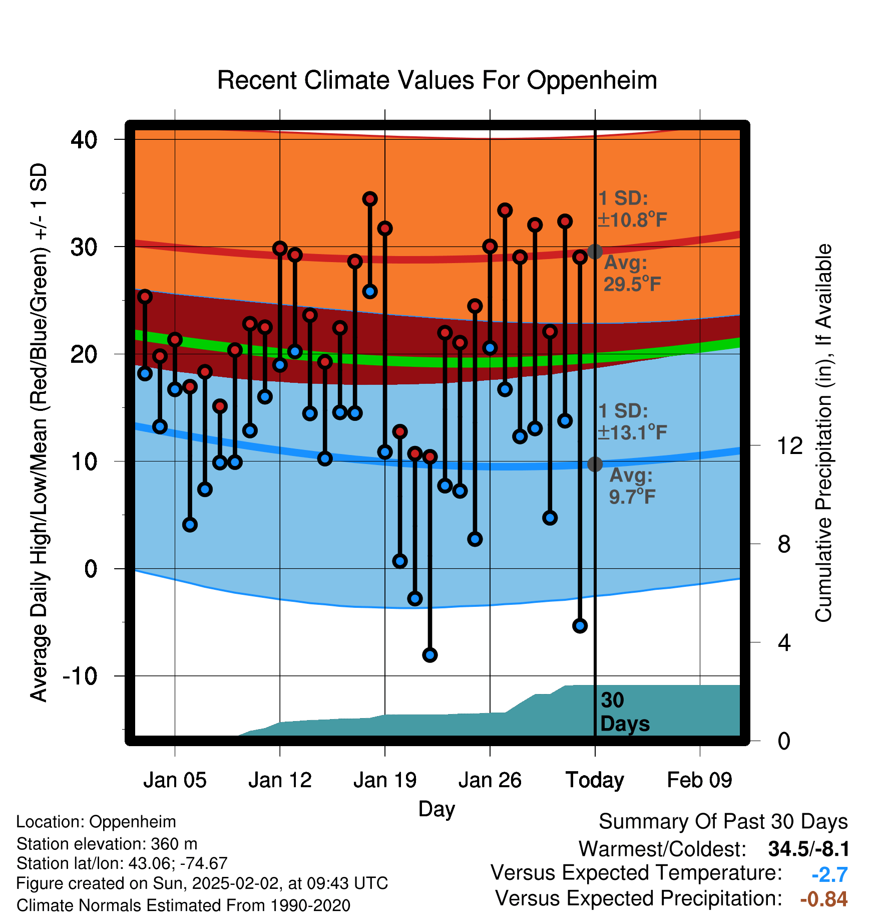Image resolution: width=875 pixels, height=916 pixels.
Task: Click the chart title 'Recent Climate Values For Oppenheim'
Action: click(437, 80)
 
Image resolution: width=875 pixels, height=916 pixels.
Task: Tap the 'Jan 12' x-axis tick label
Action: click(280, 780)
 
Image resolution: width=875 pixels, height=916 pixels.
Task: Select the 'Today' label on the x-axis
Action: click(595, 780)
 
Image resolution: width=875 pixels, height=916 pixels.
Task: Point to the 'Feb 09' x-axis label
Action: click(699, 780)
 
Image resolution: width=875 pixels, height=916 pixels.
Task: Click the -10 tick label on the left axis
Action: click(80, 676)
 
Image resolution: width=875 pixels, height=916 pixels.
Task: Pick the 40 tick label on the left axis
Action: click(84, 139)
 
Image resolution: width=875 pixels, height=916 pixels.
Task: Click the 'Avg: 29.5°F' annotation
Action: click(632, 273)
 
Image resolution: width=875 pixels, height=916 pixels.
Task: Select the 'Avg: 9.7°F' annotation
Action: click(632, 486)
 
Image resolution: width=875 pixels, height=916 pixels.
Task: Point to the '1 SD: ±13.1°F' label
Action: click(633, 421)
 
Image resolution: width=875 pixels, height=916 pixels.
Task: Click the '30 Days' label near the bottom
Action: click(625, 712)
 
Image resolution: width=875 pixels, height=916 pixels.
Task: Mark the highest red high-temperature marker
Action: click(370, 199)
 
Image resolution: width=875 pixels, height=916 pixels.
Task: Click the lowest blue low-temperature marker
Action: click(430, 655)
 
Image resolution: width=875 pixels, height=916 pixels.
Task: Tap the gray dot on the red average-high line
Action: click(595, 251)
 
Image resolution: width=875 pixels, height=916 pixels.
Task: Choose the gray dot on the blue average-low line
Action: click(595, 464)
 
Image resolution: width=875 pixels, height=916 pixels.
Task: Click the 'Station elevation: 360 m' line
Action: click(107, 844)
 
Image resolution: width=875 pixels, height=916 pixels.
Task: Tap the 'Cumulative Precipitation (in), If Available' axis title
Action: click(823, 433)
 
